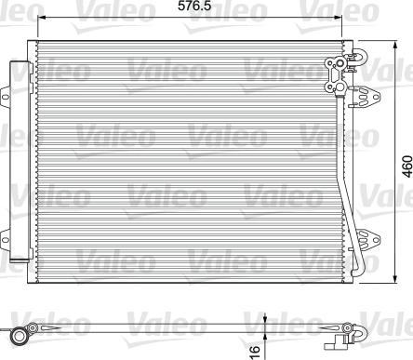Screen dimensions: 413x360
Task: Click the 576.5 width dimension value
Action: tap(194, 6)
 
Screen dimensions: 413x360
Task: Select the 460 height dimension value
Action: tap(407, 167)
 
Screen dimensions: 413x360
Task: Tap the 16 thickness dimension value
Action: tap(254, 351)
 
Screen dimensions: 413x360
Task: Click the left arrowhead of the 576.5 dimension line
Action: tap(41, 18)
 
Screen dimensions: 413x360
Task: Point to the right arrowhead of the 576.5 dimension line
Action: tap(338, 18)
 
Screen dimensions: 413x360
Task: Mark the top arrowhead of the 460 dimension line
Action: tap(395, 45)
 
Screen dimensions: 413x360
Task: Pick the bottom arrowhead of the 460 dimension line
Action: tap(395, 279)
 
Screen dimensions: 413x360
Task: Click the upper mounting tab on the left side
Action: tap(5, 97)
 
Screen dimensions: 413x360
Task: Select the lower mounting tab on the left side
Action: tap(5, 239)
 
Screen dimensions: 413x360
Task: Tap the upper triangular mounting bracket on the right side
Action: tap(366, 97)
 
